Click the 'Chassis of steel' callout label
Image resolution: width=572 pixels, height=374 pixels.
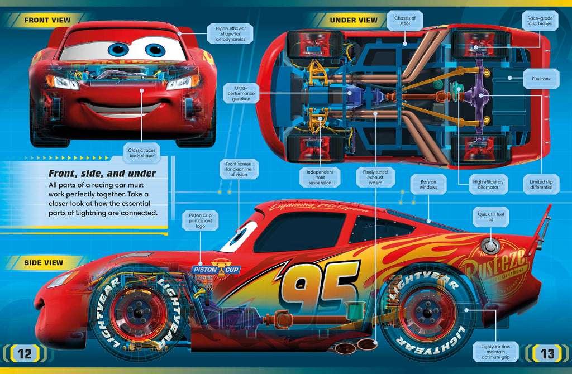[x=405, y=21]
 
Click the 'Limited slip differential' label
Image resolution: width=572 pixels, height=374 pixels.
[x=541, y=184]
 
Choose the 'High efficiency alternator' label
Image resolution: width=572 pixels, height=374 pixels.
[x=488, y=184]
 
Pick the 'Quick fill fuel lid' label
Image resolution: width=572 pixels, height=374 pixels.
[x=490, y=217]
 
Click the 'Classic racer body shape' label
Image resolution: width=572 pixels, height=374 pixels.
[x=141, y=153]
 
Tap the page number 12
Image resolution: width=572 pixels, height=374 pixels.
[x=25, y=353]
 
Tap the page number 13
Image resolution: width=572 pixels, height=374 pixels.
[x=546, y=353]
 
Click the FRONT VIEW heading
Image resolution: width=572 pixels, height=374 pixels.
[x=47, y=20]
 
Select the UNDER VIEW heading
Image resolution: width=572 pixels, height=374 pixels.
[x=354, y=20]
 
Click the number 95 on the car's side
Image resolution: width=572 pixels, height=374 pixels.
[x=320, y=287]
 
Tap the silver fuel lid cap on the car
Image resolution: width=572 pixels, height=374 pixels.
[x=490, y=245]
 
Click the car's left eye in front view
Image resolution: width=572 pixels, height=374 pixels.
[x=118, y=49]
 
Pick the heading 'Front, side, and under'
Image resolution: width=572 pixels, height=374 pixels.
[x=102, y=174]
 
